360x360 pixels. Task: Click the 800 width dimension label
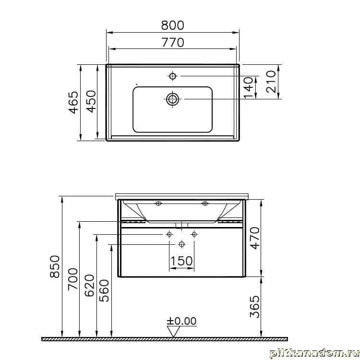[172, 25]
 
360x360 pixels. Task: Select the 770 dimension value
[173, 42]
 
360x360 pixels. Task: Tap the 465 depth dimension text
[74, 102]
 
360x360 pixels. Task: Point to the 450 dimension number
[92, 101]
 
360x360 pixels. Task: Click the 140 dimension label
[248, 87]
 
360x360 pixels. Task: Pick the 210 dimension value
[271, 82]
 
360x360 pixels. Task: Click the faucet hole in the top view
[173, 76]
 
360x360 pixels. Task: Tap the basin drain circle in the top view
[173, 99]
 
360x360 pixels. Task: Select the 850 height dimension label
[55, 266]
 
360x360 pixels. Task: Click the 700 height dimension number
[73, 279]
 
